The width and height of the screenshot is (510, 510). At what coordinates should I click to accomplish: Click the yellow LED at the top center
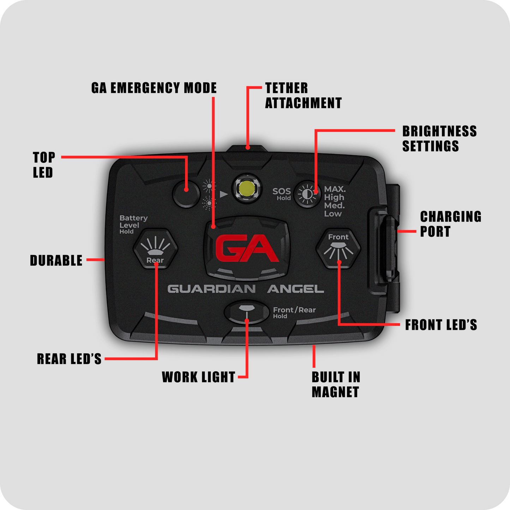[247, 189]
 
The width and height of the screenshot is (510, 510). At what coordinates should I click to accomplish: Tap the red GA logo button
[247, 248]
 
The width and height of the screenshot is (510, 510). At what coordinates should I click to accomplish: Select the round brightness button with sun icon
[307, 194]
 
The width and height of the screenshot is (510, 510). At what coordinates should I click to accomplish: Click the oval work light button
[247, 312]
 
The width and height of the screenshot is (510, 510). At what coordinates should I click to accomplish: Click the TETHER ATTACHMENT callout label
[303, 96]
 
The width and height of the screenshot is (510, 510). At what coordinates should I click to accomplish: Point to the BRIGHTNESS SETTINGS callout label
[439, 139]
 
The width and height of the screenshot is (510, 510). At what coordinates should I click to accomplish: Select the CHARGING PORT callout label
[450, 224]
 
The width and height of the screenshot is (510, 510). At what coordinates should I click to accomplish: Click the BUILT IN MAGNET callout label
[336, 384]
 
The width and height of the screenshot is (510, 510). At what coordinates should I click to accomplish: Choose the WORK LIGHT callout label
[198, 377]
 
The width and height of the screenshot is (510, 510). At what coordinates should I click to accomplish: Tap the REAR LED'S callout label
[69, 359]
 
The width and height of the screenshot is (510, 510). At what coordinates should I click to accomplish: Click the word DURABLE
[56, 260]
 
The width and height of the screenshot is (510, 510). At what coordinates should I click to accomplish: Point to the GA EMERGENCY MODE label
[154, 88]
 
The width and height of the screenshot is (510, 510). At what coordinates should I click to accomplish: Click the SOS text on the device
[282, 191]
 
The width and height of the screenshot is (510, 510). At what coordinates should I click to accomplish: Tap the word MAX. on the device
[335, 189]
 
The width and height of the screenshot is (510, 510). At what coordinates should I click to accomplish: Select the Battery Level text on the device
[133, 222]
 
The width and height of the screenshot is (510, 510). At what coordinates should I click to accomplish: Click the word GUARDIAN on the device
[211, 289]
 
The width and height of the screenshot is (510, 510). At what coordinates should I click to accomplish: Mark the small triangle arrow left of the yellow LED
[224, 194]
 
